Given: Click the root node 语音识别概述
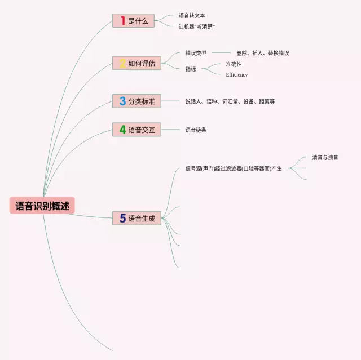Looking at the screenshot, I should [x=42, y=206].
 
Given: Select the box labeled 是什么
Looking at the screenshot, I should [x=137, y=21].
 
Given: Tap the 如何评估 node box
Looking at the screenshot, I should [x=137, y=63].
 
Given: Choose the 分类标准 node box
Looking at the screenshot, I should [x=137, y=101].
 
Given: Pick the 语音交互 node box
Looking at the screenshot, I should [x=137, y=130].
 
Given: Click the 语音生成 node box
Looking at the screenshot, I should [x=137, y=218].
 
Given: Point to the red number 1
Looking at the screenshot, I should [x=122, y=21].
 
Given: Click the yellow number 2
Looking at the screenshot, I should [x=122, y=63].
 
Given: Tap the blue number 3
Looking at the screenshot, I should [x=122, y=101].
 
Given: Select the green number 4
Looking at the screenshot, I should [x=122, y=130].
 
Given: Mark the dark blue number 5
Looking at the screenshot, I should [x=122, y=218].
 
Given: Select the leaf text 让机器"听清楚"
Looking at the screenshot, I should [x=197, y=26].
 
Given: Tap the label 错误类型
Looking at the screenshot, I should [x=196, y=53].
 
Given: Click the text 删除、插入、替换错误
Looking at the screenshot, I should [x=262, y=53].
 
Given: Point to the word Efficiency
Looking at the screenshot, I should [x=236, y=75].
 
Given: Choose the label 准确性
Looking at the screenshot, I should [x=234, y=64].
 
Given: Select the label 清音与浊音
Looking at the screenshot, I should [x=325, y=157].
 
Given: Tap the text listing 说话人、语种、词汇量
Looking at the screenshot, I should [x=230, y=101].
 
